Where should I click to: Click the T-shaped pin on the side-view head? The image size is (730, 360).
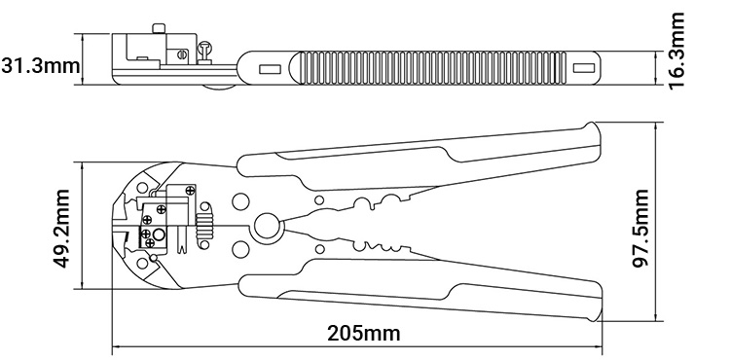[x=205, y=45]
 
